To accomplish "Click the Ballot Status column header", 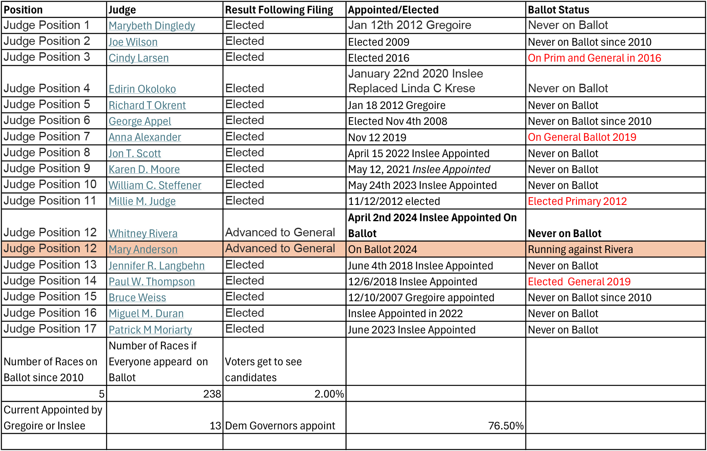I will click(558, 10).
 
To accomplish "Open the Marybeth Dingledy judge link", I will click(152, 26).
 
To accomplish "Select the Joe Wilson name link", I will click(133, 42).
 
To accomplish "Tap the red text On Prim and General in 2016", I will click(594, 58).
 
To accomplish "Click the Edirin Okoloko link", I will click(142, 89).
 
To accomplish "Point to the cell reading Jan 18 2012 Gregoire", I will click(396, 105).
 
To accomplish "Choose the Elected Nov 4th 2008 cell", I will click(398, 121).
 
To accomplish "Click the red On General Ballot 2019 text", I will click(582, 137).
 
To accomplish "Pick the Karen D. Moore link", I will click(144, 169).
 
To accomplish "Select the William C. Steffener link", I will click(155, 185).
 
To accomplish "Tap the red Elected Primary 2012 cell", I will click(577, 201).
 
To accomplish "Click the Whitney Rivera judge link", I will click(143, 233).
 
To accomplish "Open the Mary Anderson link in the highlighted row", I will click(143, 249).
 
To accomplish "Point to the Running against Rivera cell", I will click(580, 249).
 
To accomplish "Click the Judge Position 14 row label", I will click(50, 281).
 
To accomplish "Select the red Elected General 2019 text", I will click(579, 282).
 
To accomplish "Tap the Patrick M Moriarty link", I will click(150, 330).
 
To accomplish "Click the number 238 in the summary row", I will click(212, 394).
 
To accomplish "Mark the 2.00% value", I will click(329, 394).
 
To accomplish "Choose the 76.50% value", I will click(505, 426).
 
